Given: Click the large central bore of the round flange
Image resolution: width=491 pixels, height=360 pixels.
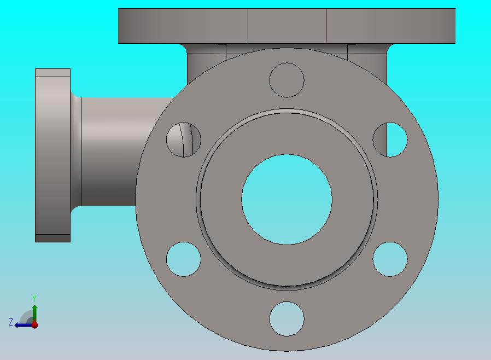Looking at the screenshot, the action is [287, 199].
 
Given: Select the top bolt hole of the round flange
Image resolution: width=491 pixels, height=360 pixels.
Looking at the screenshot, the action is [287, 80].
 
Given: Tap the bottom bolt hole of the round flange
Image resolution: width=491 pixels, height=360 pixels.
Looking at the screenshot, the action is [287, 318].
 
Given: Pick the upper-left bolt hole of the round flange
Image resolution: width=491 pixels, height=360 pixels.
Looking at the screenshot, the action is [184, 140].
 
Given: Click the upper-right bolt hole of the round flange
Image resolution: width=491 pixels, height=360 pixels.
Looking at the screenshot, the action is [390, 140].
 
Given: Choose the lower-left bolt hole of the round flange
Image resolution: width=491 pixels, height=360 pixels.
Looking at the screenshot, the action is [184, 259].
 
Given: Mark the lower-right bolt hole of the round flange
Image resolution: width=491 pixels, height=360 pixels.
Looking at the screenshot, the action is [390, 259].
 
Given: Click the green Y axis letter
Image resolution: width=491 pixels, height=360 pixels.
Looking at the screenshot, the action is [34, 298].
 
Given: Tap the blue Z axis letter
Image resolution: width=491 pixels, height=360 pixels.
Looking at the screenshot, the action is [11, 322].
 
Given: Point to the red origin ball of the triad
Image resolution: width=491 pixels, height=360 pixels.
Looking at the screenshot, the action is [35, 325].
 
